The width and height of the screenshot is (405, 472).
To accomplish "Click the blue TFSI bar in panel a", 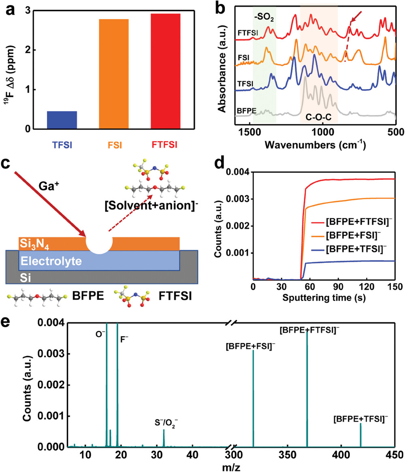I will [62, 120].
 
